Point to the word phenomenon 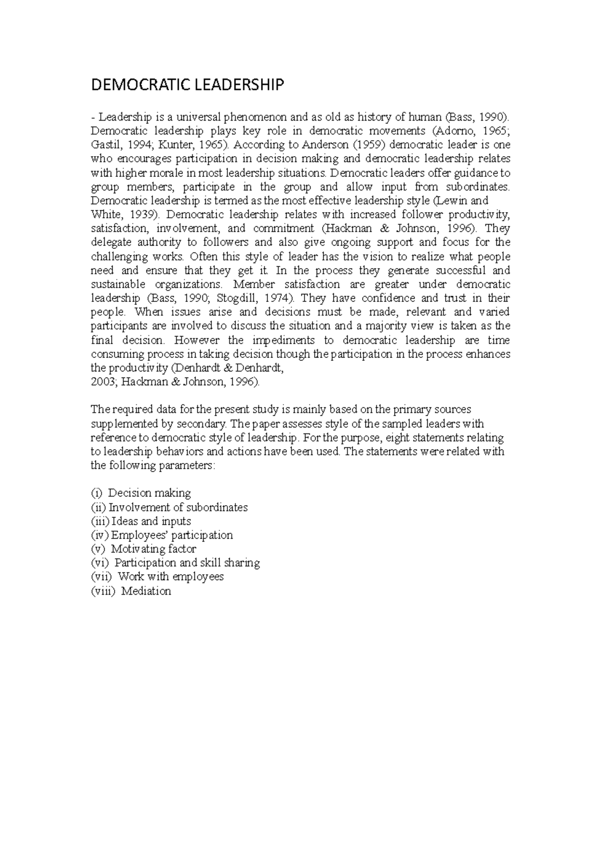255,117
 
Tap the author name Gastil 104,145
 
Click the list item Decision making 149,493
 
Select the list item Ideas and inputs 151,521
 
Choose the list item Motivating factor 153,549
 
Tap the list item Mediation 146,591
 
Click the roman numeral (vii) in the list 102,577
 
